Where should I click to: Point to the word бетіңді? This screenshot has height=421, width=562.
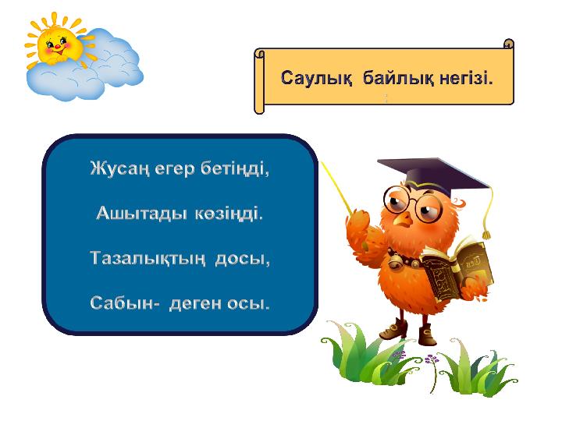coord(234,168)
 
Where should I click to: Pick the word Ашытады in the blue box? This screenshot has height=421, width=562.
coord(141,214)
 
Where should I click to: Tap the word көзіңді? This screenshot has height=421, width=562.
coord(229,214)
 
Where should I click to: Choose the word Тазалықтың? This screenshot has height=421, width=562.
coord(148,259)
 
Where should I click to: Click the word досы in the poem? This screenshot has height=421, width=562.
coord(242,259)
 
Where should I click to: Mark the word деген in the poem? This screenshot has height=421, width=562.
coord(194,304)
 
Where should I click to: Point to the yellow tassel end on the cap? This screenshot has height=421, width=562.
coord(486,235)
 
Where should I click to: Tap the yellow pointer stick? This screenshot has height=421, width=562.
coord(336,187)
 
